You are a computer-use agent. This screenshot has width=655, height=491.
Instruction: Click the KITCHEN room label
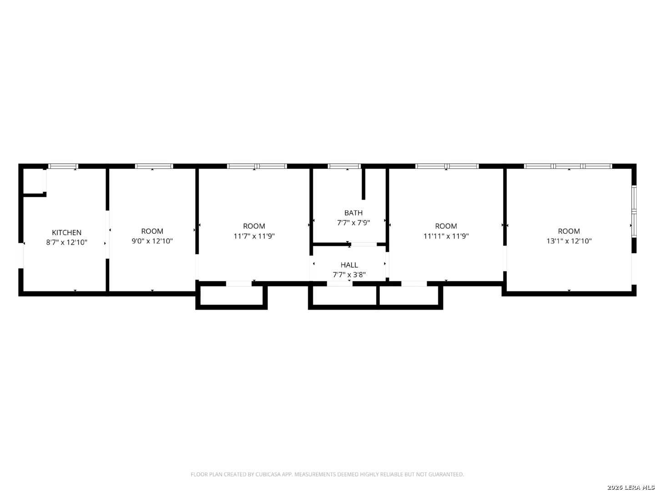pos(66,232)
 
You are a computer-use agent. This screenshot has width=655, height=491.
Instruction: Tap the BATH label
pos(353,213)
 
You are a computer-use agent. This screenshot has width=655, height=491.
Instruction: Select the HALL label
pos(349,265)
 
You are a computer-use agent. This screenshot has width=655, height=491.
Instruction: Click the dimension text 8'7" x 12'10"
pos(66,242)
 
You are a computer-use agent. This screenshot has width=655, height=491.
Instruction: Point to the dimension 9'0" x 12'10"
pos(152,241)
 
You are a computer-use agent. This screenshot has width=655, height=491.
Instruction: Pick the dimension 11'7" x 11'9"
pos(254,236)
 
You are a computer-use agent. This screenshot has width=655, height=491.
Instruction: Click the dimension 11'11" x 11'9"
pos(446,236)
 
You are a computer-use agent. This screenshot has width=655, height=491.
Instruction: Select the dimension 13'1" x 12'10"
pos(569,241)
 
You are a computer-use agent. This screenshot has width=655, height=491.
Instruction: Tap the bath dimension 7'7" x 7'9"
pos(353,223)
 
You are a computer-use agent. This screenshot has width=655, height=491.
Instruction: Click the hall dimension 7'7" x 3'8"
pos(349,275)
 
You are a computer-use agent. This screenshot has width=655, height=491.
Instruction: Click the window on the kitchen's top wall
pos(63,166)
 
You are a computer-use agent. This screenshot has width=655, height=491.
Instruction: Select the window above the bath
pos(344,166)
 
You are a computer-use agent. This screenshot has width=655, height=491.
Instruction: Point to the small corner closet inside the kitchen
pos(34,181)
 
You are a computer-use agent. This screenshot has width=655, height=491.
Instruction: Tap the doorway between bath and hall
pos(364,245)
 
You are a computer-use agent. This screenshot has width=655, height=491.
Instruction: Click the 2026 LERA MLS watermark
pos(630,487)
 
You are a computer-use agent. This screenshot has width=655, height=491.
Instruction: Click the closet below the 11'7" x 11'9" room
pos(231,296)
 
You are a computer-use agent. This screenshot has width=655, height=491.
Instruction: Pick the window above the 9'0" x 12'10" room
pos(154,166)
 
